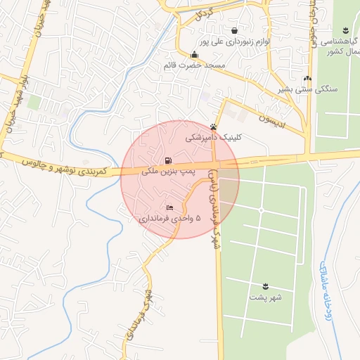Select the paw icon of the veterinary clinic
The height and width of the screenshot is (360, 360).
[x=214, y=127]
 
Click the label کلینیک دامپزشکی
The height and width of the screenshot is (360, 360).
[x=213, y=139]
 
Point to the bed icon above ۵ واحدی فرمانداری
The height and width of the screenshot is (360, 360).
[x=169, y=208]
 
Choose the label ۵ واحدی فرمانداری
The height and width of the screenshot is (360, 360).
[x=169, y=219]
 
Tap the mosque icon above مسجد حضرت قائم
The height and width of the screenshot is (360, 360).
[x=194, y=55]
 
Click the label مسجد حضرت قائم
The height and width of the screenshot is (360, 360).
[x=194, y=65]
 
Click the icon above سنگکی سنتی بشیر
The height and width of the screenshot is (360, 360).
[x=307, y=78]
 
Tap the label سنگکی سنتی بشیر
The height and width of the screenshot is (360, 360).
[x=307, y=89]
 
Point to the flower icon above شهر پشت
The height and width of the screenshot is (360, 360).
[x=265, y=285]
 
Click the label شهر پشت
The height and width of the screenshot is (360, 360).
[x=265, y=297]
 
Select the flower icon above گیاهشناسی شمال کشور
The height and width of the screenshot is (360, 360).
[x=345, y=30]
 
